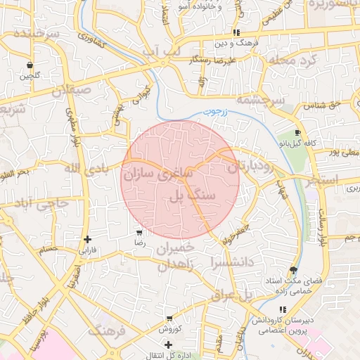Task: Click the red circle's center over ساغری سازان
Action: pos(181,179)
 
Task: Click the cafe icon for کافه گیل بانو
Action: pos(298,132)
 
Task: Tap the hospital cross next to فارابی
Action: pos(86,239)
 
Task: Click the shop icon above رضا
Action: pos(139,232)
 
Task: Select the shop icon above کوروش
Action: pos(169,319)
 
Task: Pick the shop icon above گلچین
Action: pos(30,65)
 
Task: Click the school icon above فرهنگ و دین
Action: pos(237,32)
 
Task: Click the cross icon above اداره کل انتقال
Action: pos(168,345)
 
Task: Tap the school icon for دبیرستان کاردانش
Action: pos(283,309)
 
